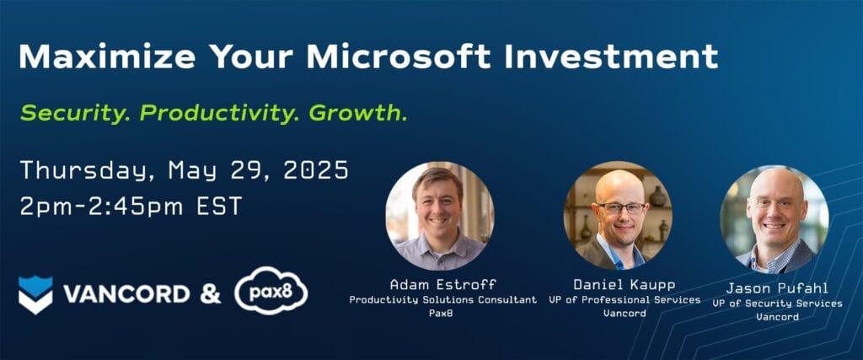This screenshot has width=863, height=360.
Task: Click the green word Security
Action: click(x=74, y=113)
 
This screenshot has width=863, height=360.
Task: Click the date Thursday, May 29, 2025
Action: click(x=184, y=170)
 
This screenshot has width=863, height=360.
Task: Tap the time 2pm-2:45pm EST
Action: click(x=131, y=207)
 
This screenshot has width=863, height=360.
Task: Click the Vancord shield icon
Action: click(x=35, y=294)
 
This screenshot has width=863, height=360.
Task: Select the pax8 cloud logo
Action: click(x=271, y=293)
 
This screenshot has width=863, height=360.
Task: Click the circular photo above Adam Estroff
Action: click(x=440, y=216)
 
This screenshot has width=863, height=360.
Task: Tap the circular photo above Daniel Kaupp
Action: click(x=618, y=215)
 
